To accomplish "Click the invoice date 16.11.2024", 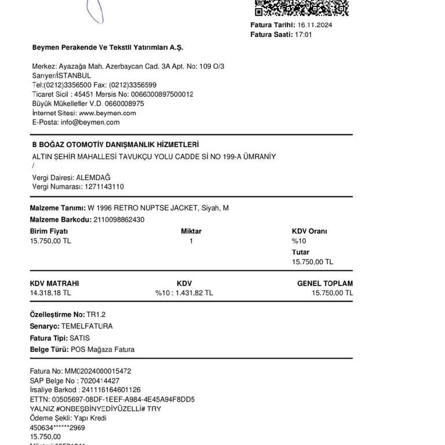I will point(315,25).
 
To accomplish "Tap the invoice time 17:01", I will point(304,35).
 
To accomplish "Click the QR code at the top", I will point(302,7).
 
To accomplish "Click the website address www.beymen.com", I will point(107,113).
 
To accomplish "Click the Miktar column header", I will point(191,231).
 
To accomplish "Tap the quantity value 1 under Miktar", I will point(191,240).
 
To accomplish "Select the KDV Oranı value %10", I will point(298,240).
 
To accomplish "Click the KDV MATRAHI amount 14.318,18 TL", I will point(50,293).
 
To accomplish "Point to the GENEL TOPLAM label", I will point(324,284).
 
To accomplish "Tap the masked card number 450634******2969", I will point(57,428).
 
